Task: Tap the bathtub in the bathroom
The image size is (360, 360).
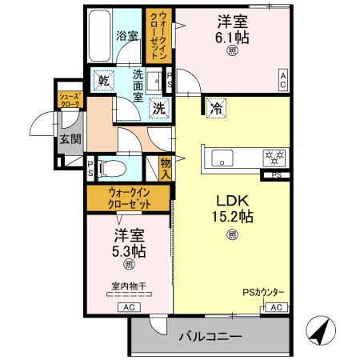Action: click(x=101, y=36)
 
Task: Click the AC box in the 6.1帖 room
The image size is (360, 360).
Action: click(x=283, y=78)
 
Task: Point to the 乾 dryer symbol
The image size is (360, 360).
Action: click(x=103, y=80)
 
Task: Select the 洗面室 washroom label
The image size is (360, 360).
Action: click(x=138, y=86)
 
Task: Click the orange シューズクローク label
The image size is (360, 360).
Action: click(x=68, y=99)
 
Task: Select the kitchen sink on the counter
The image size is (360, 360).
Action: click(x=221, y=155)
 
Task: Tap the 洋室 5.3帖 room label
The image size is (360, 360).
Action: click(x=128, y=242)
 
